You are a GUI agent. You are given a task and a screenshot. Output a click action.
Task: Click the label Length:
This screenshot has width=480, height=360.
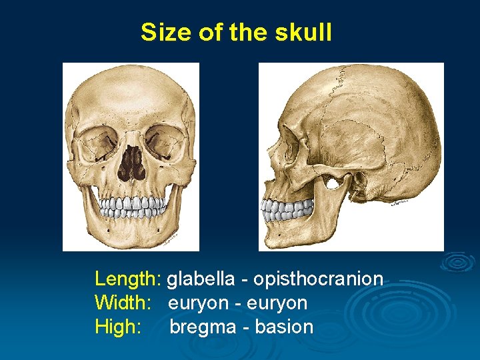(128, 279)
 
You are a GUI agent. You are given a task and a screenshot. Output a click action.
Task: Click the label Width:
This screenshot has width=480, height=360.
(123, 303)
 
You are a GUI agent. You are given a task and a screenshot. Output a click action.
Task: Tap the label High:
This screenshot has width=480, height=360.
(118, 327)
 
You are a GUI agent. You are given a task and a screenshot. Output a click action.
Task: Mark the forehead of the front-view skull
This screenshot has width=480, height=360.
(131, 93)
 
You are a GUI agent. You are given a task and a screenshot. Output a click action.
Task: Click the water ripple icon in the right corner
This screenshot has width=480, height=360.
(457, 262)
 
